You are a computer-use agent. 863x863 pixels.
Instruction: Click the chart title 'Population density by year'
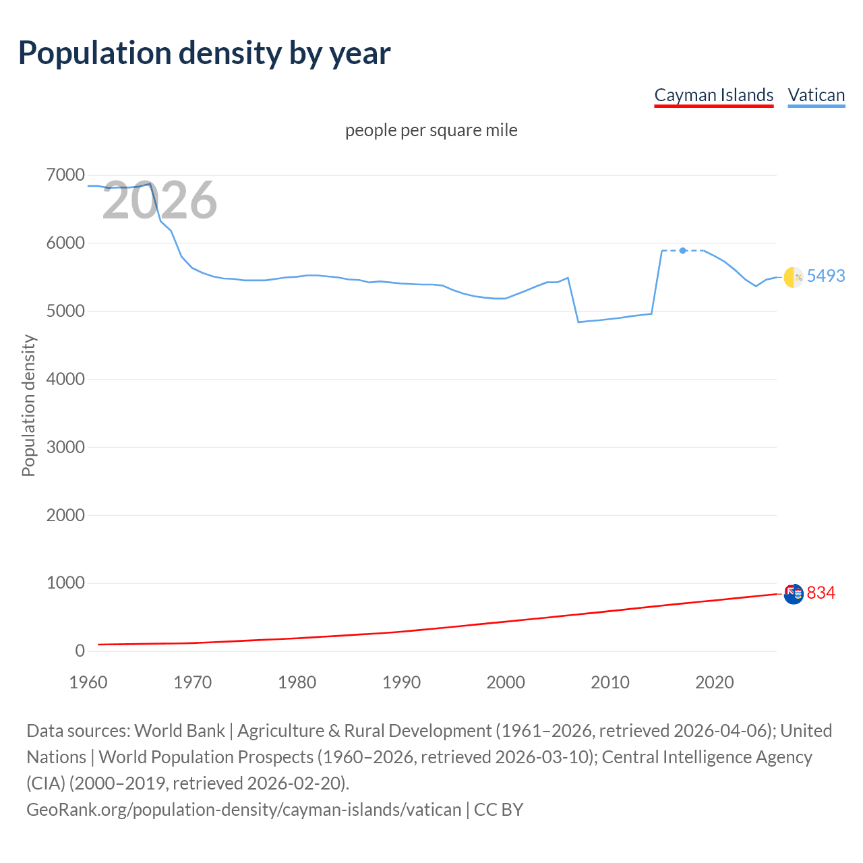click(204, 53)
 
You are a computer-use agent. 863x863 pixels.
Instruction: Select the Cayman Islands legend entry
click(713, 95)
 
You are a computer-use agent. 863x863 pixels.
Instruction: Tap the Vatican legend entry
click(816, 95)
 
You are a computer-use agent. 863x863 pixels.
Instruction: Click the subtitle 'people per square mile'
click(431, 130)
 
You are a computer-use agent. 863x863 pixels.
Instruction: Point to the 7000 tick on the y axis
click(65, 175)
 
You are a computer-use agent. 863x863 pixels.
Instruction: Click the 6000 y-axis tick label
click(65, 243)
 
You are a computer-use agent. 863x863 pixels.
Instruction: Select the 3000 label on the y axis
click(65, 447)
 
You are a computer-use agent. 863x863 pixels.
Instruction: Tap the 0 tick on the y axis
click(80, 651)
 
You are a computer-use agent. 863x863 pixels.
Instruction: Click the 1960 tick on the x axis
click(88, 682)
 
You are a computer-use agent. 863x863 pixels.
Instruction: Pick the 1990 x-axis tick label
click(401, 682)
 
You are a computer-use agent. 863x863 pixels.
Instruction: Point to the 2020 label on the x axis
click(714, 682)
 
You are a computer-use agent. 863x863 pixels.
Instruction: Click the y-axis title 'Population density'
click(28, 406)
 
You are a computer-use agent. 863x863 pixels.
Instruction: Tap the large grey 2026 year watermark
click(160, 200)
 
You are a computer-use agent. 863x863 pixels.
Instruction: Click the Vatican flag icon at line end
click(794, 276)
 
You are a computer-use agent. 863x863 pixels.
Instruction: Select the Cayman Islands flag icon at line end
click(794, 594)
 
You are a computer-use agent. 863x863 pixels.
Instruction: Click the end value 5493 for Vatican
click(825, 276)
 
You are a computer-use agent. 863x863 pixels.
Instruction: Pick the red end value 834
click(821, 593)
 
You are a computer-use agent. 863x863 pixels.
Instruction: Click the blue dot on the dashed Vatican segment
click(683, 250)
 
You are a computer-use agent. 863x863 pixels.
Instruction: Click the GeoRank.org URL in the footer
click(243, 809)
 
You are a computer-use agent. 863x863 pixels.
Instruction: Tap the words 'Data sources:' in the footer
click(78, 731)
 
